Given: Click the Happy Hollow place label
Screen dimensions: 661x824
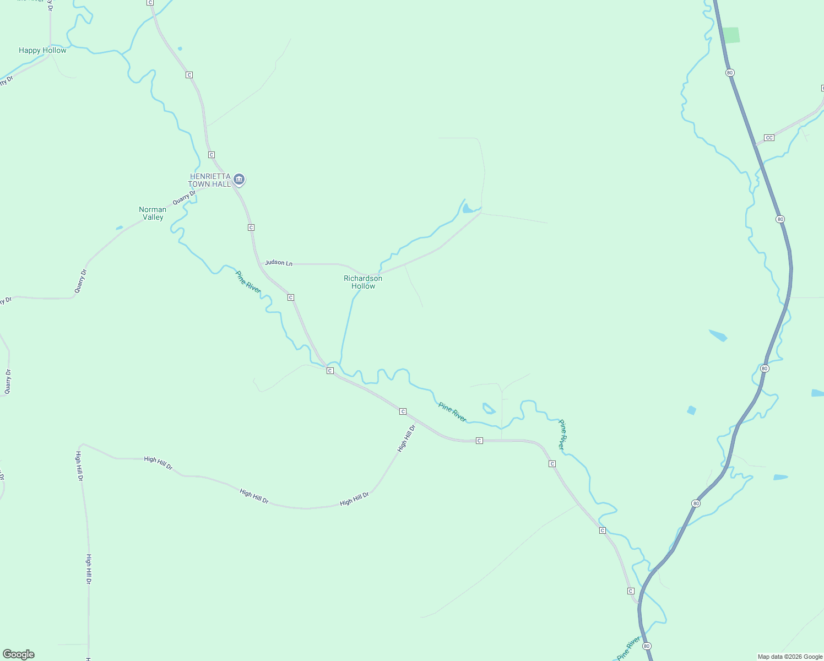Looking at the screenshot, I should click(42, 50).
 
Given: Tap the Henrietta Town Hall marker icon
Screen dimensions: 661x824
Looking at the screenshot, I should click(239, 180).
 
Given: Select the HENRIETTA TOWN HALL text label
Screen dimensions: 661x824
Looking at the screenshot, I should click(209, 180).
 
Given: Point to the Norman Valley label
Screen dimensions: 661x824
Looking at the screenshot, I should click(153, 213).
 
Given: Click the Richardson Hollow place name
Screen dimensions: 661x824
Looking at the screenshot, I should click(363, 282).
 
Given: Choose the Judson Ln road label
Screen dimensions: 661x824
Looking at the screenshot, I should click(279, 263).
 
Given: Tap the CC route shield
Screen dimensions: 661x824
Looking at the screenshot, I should click(769, 138).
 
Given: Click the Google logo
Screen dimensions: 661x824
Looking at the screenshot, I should click(19, 654).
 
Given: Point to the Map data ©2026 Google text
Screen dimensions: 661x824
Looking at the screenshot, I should click(790, 657).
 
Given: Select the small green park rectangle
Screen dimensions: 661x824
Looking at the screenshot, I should click(731, 35).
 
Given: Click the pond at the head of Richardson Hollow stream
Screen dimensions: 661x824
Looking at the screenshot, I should click(469, 208).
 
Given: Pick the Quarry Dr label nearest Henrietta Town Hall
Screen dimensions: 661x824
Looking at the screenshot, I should click(184, 198).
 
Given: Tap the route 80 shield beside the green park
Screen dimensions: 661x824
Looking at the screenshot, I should click(730, 73).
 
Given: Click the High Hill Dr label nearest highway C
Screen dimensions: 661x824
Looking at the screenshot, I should click(406, 438).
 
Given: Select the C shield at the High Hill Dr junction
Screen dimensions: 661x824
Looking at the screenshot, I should click(403, 411).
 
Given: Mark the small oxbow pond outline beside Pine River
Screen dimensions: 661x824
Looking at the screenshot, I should click(488, 408).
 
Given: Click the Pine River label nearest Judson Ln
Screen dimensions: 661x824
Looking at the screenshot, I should click(248, 281).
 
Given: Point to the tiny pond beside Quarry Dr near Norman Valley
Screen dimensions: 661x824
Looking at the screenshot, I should click(120, 227).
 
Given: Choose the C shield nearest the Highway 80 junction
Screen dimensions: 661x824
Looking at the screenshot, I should click(631, 591).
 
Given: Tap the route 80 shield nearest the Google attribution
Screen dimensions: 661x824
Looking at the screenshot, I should click(647, 646).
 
